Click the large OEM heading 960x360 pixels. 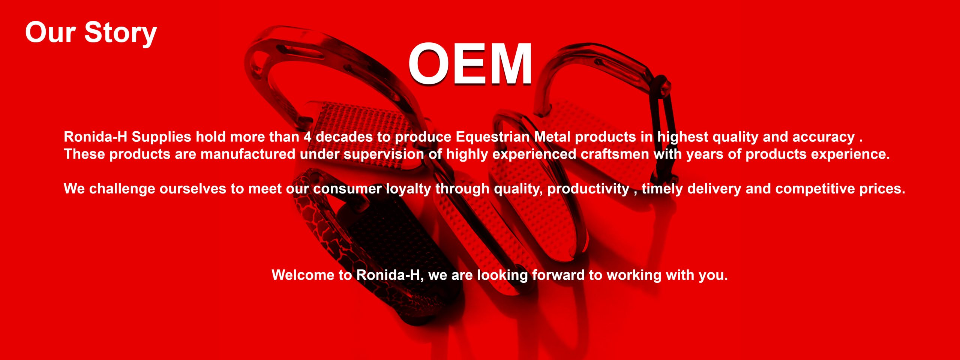470,64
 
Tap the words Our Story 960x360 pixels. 91,33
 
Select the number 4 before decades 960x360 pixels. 307,137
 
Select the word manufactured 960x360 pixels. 248,154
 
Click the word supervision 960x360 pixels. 384,154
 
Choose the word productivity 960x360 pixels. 588,189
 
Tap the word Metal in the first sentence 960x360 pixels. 552,137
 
